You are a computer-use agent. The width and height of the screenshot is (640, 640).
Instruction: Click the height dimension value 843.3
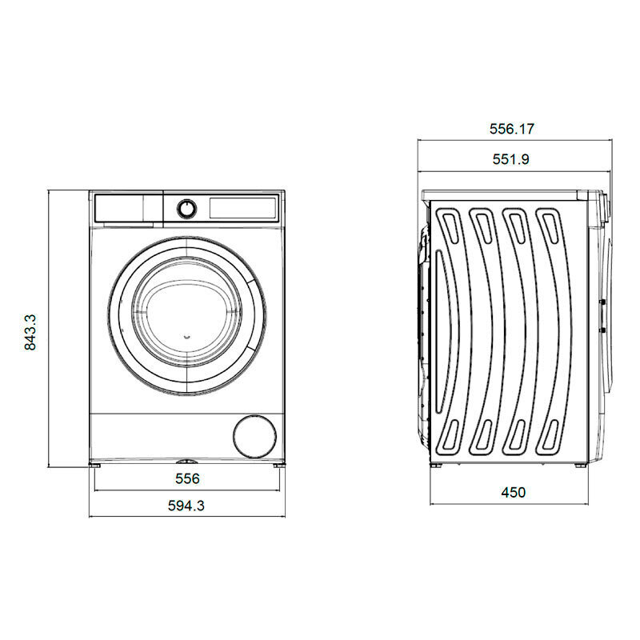[x=31, y=332]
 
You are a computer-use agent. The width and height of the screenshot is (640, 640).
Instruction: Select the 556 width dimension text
[x=186, y=478]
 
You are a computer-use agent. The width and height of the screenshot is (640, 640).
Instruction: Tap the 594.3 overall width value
[x=186, y=505]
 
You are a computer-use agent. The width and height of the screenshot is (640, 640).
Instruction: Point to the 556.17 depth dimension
[x=512, y=129]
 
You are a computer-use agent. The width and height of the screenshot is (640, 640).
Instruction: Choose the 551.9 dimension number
[x=512, y=159]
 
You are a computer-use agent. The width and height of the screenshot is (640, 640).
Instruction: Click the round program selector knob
[x=186, y=208]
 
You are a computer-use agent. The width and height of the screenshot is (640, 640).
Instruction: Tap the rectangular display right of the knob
[x=243, y=208]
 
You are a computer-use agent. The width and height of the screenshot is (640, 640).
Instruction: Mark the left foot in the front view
[x=96, y=464]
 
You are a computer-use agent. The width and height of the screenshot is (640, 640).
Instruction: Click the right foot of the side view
[x=577, y=466]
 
